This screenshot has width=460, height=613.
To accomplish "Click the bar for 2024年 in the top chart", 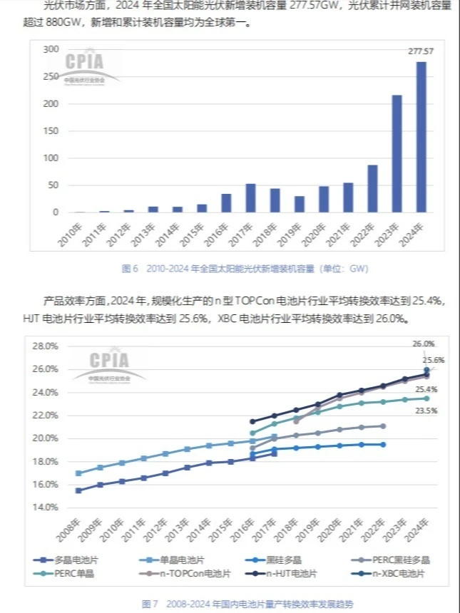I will [421, 137].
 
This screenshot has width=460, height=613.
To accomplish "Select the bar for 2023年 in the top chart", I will [397, 154].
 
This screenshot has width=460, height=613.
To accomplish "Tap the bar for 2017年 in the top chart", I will [250, 198].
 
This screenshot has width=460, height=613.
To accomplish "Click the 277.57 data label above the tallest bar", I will [421, 52].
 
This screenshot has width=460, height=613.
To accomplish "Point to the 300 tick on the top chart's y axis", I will [50, 49].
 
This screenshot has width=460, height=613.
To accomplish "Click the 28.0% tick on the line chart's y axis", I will [45, 346].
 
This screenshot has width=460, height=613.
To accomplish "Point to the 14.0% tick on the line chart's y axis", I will [45, 508].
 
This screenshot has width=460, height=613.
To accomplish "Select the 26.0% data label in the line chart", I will [423, 344].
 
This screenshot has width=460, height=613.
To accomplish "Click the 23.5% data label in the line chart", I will [425, 411].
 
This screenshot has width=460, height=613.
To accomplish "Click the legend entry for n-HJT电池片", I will [292, 573].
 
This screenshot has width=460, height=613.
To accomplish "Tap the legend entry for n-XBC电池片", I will [397, 573].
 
